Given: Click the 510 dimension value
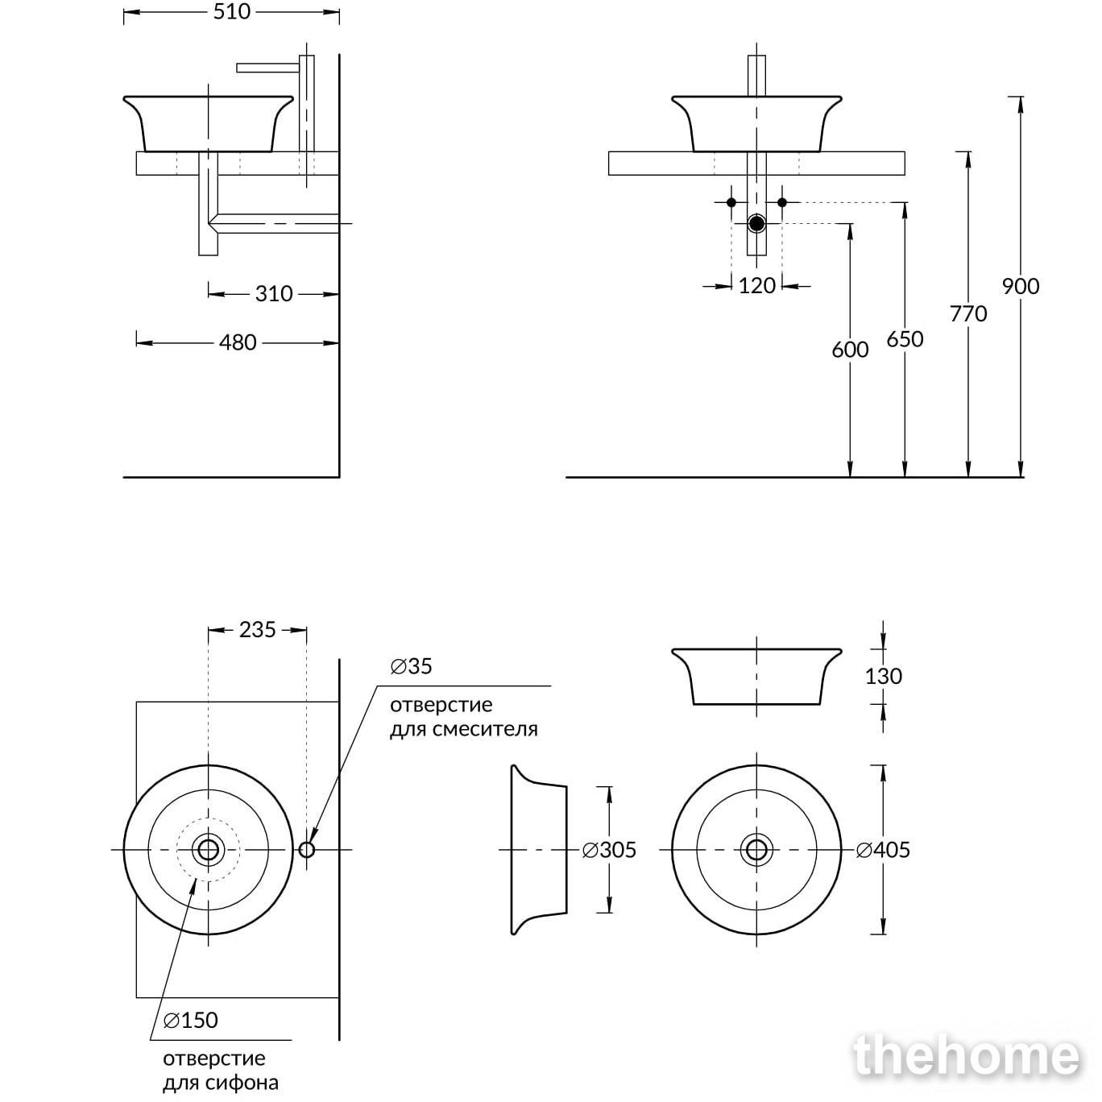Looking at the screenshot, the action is (x=232, y=12).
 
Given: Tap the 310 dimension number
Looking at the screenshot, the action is (x=273, y=294).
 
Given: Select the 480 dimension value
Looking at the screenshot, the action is (x=238, y=342).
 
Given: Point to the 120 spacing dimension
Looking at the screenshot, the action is (x=756, y=285).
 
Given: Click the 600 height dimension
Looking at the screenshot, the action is (x=850, y=350).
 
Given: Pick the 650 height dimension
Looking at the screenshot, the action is (x=905, y=339).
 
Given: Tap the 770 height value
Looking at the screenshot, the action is (x=968, y=313).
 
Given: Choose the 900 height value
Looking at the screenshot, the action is (x=1020, y=286).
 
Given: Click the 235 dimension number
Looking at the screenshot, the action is (x=257, y=630).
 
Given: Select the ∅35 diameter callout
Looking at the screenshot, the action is (x=411, y=666).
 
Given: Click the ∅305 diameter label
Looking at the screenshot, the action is (x=609, y=850).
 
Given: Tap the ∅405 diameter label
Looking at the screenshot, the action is (x=882, y=850).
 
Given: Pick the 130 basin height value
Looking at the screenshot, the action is (x=883, y=676).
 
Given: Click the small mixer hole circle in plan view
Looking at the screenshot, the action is (x=307, y=850).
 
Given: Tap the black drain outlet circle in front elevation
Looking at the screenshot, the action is (x=756, y=224).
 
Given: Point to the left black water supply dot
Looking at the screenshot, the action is (x=731, y=202).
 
